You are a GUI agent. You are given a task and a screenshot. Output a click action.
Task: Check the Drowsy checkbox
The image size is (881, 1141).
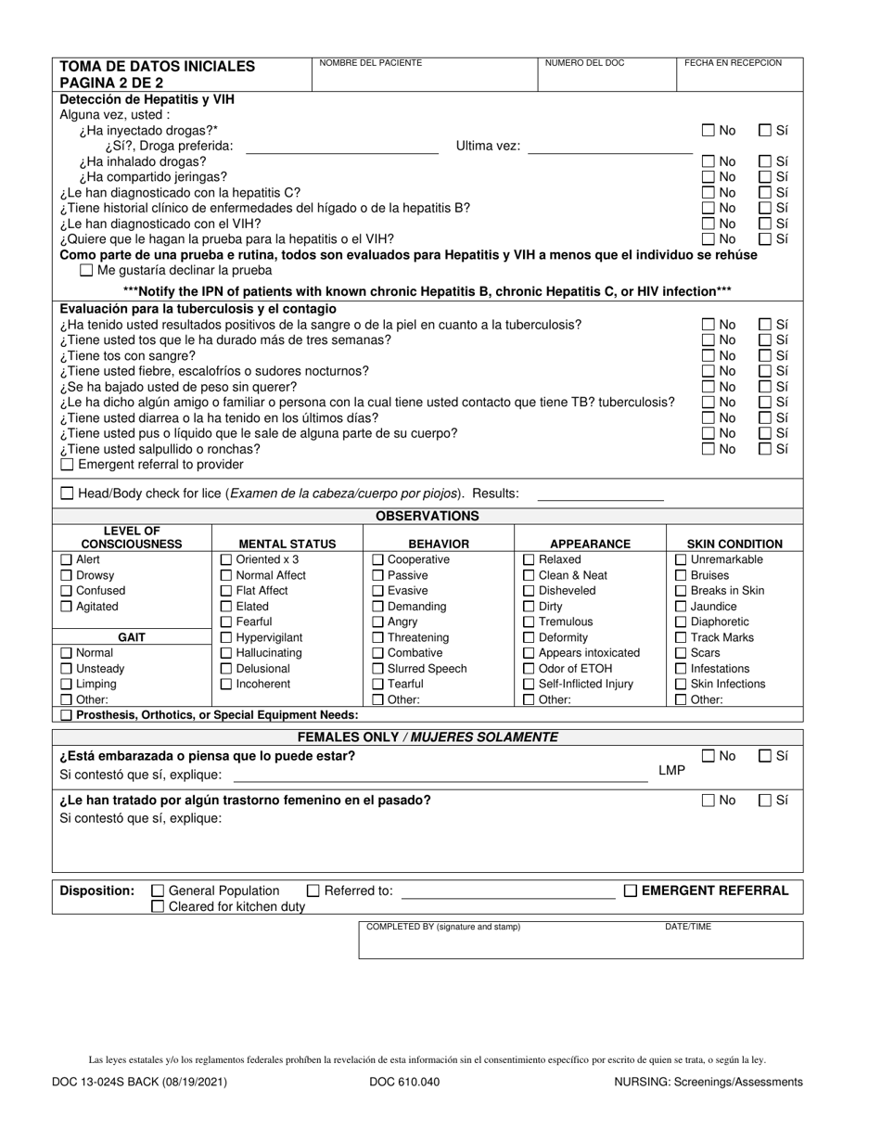66,575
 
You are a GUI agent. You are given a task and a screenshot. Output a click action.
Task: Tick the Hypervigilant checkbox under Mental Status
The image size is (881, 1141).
226,637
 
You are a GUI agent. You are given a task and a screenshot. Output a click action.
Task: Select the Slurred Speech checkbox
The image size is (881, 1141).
377,669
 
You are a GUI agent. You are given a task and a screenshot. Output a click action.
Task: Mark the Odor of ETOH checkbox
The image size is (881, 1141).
529,669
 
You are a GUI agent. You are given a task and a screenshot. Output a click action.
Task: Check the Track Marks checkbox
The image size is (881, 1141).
681,637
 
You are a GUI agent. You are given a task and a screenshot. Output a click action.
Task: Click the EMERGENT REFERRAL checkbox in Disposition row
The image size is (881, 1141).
631,891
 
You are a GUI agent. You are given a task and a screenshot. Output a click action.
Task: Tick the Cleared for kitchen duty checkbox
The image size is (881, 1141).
158,906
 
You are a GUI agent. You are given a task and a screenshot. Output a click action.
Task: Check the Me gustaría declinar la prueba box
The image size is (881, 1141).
87,271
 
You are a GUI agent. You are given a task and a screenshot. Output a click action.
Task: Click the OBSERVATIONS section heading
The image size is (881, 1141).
428,516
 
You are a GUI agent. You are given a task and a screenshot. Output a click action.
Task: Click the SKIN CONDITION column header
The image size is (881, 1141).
734,545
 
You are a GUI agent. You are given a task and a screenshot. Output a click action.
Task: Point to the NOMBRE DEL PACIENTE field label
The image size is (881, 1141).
370,63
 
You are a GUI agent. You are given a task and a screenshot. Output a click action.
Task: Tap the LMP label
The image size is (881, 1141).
671,770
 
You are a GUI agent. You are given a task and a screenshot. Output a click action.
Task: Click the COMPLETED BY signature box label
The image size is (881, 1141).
443,927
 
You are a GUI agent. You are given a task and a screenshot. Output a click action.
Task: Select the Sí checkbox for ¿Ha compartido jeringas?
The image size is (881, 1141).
765,176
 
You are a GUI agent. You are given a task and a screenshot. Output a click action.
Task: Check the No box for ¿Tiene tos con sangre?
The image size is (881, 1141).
709,355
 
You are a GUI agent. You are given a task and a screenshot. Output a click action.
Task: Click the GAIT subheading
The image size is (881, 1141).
134,637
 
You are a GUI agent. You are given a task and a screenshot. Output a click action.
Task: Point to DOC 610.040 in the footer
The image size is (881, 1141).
404,1082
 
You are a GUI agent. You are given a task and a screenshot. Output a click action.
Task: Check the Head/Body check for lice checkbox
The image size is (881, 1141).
66,494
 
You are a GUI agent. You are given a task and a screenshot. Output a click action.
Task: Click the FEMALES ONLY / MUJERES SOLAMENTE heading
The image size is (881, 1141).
428,737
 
